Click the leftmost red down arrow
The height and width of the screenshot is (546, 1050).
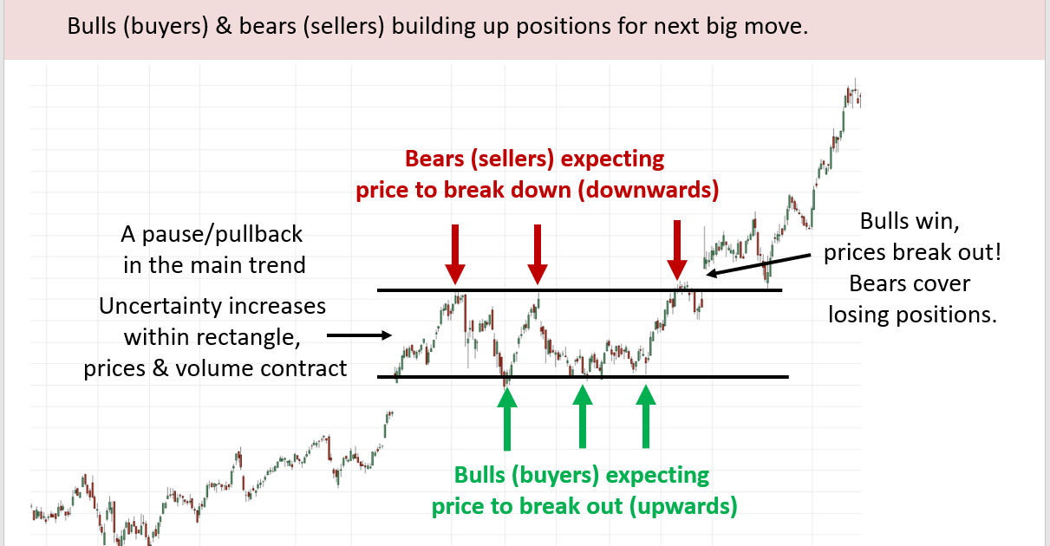[455, 254]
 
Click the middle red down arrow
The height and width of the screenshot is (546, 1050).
[538, 254]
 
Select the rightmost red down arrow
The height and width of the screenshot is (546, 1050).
[677, 250]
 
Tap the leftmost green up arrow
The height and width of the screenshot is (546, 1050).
[506, 419]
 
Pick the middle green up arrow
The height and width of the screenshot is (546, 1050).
[583, 417]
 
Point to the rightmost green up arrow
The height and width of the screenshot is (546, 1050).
[645, 417]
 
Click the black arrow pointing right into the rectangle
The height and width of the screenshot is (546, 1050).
[359, 335]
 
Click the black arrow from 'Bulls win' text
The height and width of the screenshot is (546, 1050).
[758, 265]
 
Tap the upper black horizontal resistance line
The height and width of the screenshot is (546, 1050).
[579, 290]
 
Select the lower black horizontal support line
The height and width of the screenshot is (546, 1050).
[583, 376]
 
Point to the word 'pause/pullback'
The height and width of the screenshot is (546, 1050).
[222, 235]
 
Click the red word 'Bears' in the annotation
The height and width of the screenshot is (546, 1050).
[434, 159]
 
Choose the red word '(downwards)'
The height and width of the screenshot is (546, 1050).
[649, 190]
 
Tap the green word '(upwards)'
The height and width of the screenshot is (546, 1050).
[683, 506]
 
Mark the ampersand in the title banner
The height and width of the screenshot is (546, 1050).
[224, 26]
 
